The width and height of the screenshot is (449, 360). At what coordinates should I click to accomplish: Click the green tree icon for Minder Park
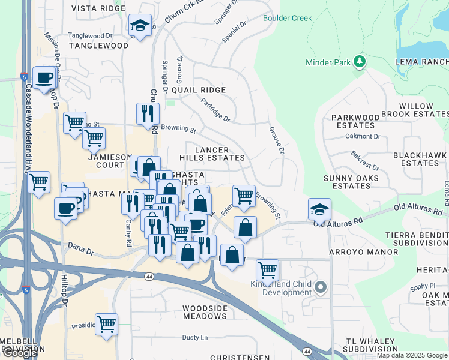pyautogui.click(x=360, y=62)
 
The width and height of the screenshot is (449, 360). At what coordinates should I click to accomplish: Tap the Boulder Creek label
pyautogui.click(x=287, y=18)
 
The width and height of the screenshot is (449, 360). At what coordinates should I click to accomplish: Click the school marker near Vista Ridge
pyautogui.click(x=140, y=26)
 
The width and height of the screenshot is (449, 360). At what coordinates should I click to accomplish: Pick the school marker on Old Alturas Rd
pyautogui.click(x=320, y=210)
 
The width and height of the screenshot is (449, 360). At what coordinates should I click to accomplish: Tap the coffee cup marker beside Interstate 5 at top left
pyautogui.click(x=44, y=78)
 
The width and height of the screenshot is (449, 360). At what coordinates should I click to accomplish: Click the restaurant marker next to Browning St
pyautogui.click(x=148, y=113)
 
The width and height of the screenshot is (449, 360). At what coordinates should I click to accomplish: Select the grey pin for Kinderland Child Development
pyautogui.click(x=321, y=288)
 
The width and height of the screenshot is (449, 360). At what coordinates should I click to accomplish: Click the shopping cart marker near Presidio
pyautogui.click(x=106, y=325)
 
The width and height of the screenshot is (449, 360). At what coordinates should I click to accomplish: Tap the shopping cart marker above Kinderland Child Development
pyautogui.click(x=267, y=269)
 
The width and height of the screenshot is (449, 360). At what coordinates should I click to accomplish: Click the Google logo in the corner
pyautogui.click(x=20, y=353)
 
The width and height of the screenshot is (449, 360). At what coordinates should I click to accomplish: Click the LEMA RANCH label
pyautogui.click(x=421, y=62)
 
